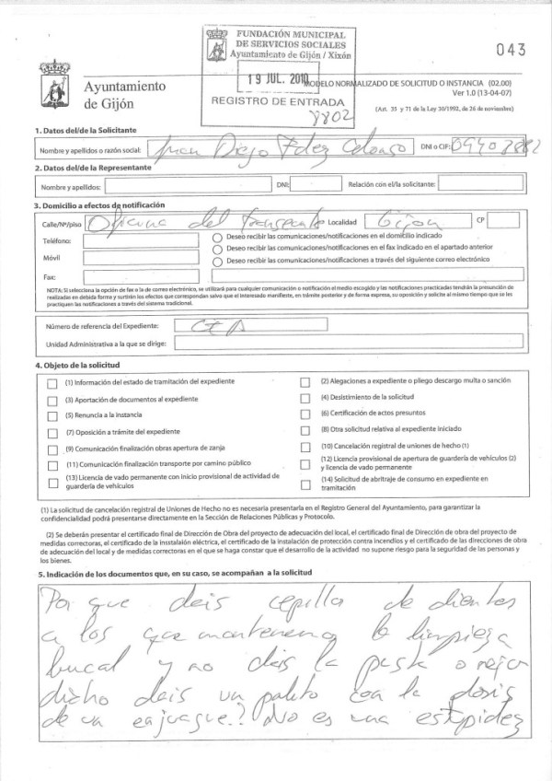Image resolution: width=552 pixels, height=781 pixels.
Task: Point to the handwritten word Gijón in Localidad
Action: [x=406, y=222]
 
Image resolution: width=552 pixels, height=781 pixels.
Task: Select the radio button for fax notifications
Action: [x=217, y=249]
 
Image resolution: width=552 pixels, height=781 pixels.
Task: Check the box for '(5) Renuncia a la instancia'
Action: [x=51, y=415]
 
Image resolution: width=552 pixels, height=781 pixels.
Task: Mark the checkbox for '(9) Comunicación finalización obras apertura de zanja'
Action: [x=51, y=448]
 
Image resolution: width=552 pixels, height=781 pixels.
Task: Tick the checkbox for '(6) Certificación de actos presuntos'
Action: [x=305, y=414]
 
